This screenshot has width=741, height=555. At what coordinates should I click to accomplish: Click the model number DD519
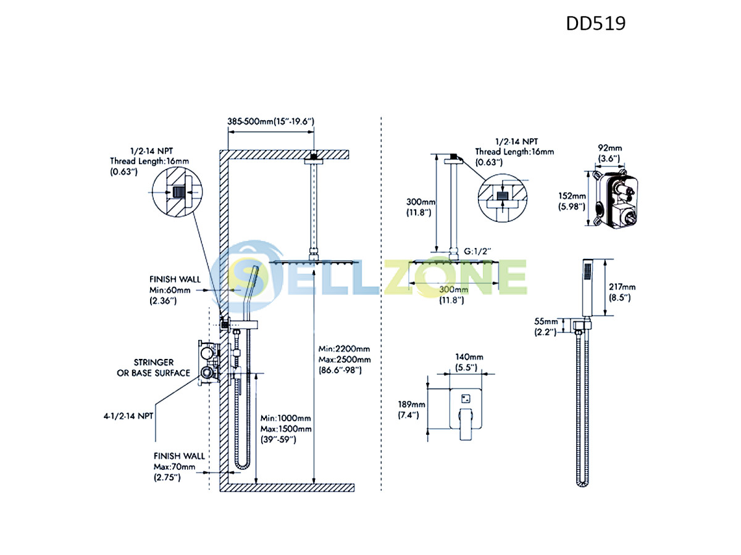click(595, 23)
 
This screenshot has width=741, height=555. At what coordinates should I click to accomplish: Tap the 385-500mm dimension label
click(270, 121)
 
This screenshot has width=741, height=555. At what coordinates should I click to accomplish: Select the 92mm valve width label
click(609, 154)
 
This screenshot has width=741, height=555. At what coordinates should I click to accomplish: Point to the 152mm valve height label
click(572, 201)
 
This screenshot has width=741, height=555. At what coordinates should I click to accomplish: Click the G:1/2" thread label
click(477, 251)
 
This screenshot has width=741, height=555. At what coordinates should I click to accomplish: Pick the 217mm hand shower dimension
click(622, 292)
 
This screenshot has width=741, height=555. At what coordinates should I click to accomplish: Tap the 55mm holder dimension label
click(546, 327)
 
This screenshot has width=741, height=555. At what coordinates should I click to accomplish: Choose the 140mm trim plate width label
click(469, 362)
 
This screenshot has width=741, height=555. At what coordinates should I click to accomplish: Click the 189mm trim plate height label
click(411, 409)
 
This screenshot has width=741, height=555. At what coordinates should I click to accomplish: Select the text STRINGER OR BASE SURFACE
click(154, 368)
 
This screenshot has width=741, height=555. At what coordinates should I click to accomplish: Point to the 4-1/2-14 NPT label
click(128, 416)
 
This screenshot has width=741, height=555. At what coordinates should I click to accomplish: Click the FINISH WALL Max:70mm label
click(179, 467)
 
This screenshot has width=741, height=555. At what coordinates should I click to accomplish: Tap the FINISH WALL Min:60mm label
click(175, 290)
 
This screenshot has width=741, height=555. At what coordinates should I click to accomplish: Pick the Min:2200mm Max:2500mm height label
click(345, 360)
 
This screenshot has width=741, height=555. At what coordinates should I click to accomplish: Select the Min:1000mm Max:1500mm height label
click(286, 429)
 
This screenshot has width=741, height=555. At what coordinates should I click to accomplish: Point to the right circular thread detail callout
click(503, 198)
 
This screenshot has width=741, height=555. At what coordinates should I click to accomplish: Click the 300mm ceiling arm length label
click(421, 207)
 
